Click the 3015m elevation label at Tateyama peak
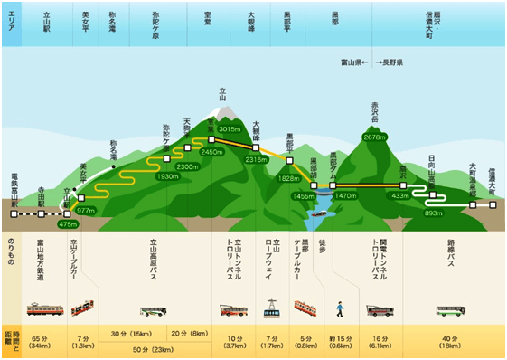[x=230, y=129]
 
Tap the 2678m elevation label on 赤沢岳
[x=374, y=137]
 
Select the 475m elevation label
[x=69, y=223]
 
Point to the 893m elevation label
[x=433, y=213]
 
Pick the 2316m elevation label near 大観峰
[x=257, y=159]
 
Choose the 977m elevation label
[x=86, y=210]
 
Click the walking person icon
[x=340, y=309]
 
